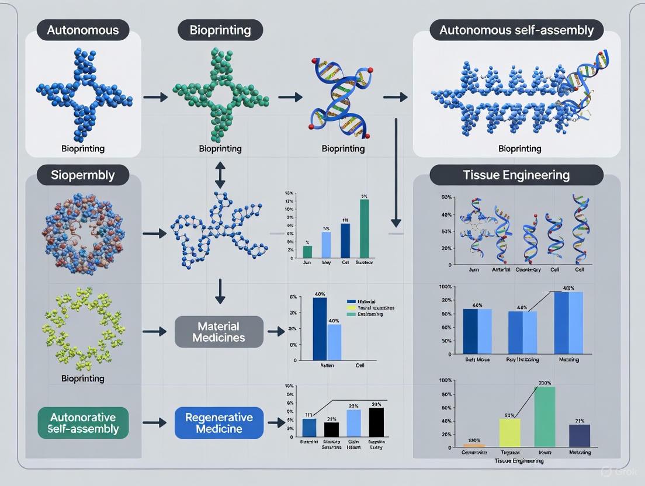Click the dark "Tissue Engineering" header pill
tap(516, 175)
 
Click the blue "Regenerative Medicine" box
tap(219, 423)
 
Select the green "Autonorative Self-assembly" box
tap(83, 423)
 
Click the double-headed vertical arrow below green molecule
tap(220, 175)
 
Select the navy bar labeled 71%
tap(579, 435)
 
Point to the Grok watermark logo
tap(609, 471)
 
